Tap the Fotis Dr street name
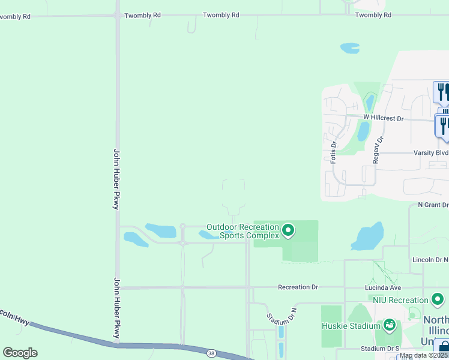[x=334, y=152]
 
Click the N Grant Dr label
[x=433, y=205]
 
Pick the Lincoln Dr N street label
[x=430, y=259]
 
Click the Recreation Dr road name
[x=298, y=287]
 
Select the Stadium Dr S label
[x=380, y=349]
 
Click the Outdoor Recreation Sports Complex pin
[x=288, y=230]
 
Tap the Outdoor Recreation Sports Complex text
[x=243, y=231]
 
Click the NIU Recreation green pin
[x=436, y=299]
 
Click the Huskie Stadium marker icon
[x=389, y=326]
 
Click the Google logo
[x=20, y=353]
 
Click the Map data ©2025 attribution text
[x=424, y=355]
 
